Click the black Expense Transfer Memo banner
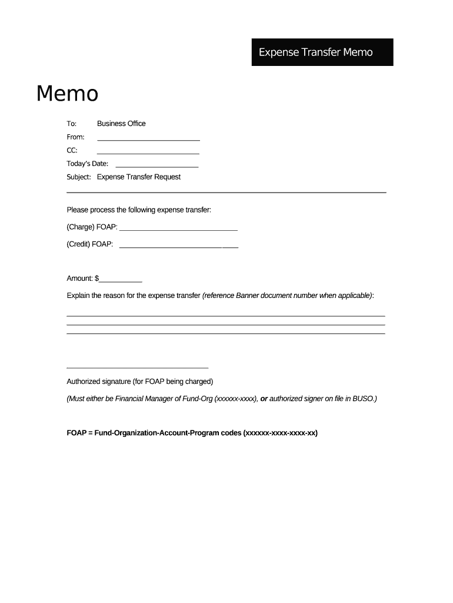point(322,52)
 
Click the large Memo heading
point(67,94)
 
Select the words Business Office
point(121,124)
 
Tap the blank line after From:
point(148,139)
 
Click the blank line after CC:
point(148,153)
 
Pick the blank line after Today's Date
point(157,166)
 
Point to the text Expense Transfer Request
point(139,177)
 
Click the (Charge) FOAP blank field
point(178,228)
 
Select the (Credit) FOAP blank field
point(179,246)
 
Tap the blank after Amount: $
point(121,280)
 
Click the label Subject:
point(78,177)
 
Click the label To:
point(72,124)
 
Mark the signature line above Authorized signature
point(137,367)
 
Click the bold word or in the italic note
point(264,399)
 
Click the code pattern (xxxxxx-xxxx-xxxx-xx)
point(280,433)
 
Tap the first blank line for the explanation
point(225,316)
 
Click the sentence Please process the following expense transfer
point(139,210)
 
